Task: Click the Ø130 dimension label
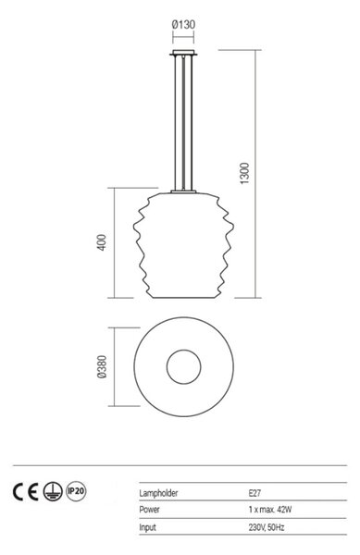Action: [183, 25]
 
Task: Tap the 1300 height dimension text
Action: [244, 174]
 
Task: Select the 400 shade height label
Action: [101, 242]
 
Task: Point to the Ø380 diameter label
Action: [102, 367]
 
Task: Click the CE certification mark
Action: [26, 492]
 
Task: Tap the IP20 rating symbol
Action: [76, 492]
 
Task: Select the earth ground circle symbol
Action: [53, 492]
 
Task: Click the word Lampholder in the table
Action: [158, 493]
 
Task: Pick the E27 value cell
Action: [254, 493]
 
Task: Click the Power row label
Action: [149, 510]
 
